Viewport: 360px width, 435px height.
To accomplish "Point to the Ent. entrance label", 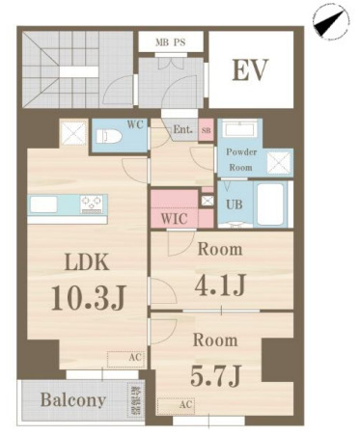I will click(183, 129).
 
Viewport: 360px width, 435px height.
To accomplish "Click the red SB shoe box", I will click(206, 130).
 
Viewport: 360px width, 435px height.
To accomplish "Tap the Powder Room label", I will click(239, 160).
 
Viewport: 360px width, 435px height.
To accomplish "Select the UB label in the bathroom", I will click(232, 204).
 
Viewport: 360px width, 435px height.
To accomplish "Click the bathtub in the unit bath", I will click(270, 204).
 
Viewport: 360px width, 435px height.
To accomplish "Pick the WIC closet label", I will click(175, 218).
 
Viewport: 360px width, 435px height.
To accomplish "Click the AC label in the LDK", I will click(134, 358).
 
